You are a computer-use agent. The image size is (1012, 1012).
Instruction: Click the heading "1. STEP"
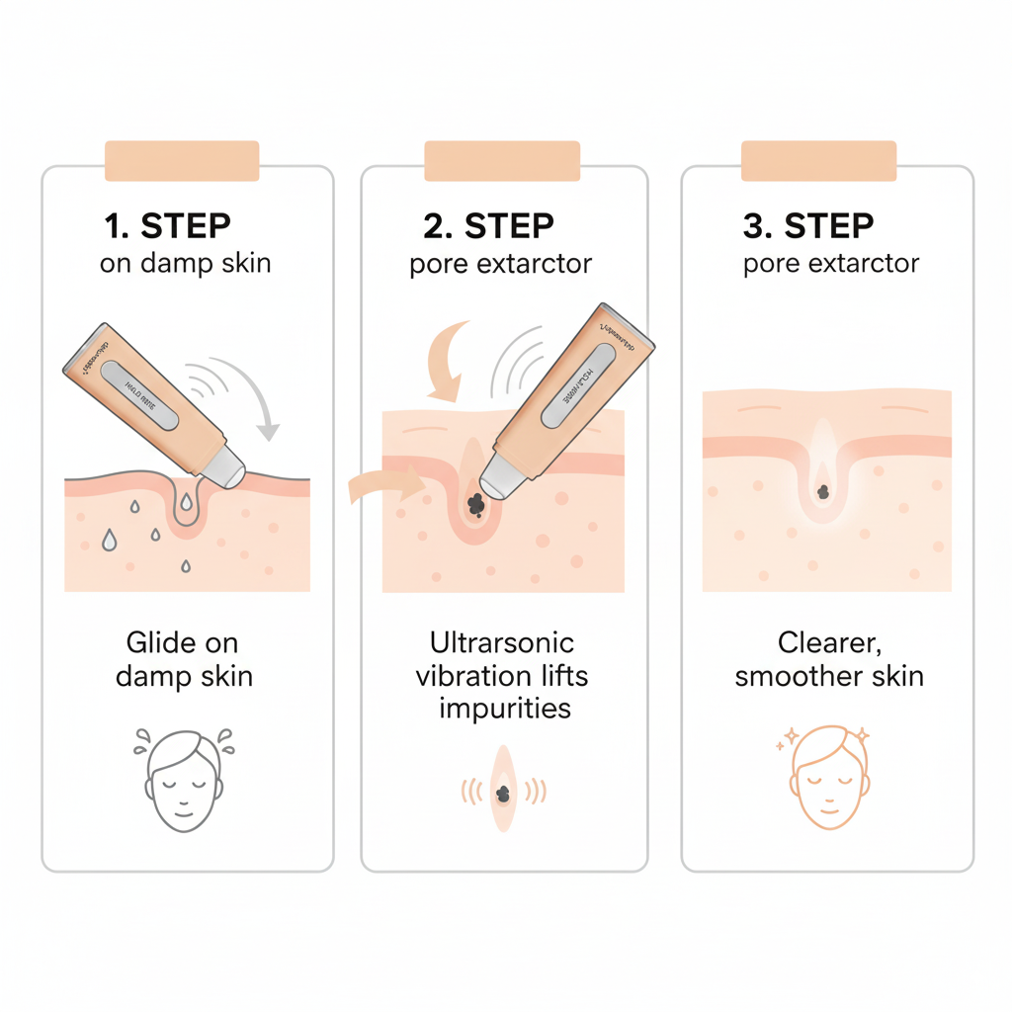[167, 226]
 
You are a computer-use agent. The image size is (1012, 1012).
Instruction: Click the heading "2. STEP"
[487, 226]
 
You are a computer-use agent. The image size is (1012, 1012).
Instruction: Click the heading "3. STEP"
[807, 226]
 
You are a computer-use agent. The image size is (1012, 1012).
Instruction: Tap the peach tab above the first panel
[182, 161]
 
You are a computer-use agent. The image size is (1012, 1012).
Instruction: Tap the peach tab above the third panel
[818, 161]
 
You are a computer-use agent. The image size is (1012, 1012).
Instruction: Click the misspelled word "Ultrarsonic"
[502, 643]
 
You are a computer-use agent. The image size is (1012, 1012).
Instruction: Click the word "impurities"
[505, 709]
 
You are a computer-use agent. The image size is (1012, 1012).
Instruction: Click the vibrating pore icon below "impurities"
[504, 790]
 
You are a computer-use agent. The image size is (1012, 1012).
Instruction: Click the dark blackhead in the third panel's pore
[823, 491]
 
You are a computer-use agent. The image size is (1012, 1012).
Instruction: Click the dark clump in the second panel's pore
[475, 504]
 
